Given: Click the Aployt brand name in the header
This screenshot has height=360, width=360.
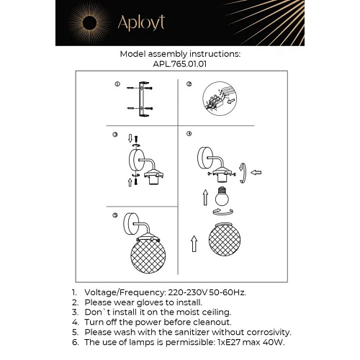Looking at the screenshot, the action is click(x=141, y=23).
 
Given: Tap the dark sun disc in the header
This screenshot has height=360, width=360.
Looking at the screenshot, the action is click(x=89, y=23).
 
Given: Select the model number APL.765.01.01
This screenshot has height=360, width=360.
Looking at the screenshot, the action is click(x=180, y=64).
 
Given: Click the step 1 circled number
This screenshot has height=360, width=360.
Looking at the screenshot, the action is click(x=117, y=84).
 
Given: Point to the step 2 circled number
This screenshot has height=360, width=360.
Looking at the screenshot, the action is click(x=189, y=84).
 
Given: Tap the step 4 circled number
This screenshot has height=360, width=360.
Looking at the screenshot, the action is click(x=189, y=134).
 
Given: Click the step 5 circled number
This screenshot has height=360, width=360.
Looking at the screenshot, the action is click(x=115, y=215).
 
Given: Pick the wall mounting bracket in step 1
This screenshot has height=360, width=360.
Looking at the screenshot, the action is click(x=143, y=99).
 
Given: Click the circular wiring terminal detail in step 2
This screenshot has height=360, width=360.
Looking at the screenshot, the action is click(x=220, y=99).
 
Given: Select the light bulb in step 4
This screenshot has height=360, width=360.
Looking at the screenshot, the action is click(x=222, y=196).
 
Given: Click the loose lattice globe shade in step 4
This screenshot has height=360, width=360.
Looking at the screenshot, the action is click(x=225, y=239).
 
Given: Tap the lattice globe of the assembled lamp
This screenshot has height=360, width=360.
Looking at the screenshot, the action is click(x=148, y=256).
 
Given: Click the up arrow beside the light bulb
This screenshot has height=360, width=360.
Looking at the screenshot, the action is click(x=205, y=197).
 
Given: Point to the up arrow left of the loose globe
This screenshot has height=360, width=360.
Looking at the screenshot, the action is click(x=194, y=243).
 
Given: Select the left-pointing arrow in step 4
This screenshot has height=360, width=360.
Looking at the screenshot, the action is click(x=256, y=172).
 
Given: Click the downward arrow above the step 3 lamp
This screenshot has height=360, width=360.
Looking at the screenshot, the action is click(x=130, y=138).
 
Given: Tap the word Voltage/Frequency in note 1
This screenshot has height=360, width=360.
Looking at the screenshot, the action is click(x=125, y=292).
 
